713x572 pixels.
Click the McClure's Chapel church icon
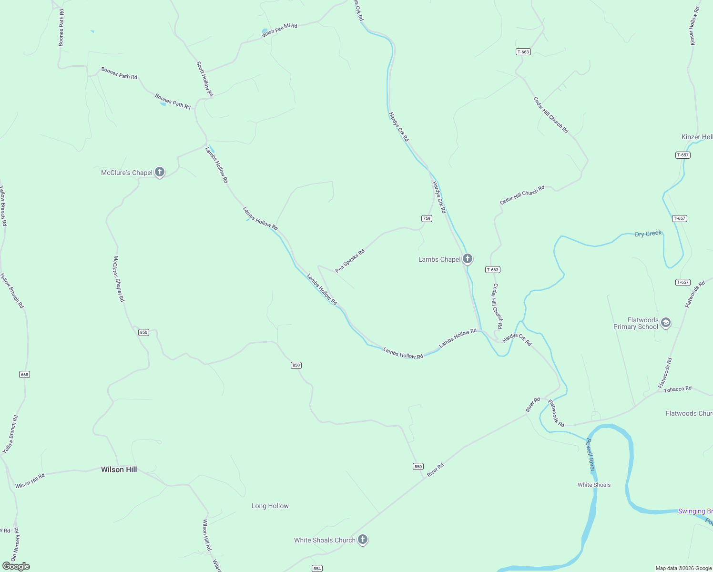tap(160, 172)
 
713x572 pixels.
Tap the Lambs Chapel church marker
tap(468, 259)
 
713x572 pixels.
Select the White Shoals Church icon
tap(363, 540)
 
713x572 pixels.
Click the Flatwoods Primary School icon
tap(666, 323)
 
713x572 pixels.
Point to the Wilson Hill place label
tap(119, 470)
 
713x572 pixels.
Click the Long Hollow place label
tap(270, 506)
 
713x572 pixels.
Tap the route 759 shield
tap(427, 218)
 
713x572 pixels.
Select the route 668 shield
tap(25, 375)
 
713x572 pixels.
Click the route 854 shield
tap(317, 568)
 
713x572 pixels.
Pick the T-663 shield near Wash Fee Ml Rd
tap(523, 52)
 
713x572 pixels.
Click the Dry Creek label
tap(648, 234)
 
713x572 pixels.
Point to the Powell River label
tap(591, 455)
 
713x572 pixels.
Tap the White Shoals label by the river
tap(594, 485)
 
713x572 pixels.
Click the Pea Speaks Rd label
tap(350, 261)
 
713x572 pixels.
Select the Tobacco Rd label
tap(678, 389)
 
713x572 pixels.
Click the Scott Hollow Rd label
tap(205, 79)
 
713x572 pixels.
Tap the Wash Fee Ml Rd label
tap(279, 30)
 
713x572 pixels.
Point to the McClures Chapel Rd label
tap(119, 279)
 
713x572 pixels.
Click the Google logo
tap(16, 566)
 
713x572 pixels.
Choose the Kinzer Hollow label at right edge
tap(697, 137)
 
